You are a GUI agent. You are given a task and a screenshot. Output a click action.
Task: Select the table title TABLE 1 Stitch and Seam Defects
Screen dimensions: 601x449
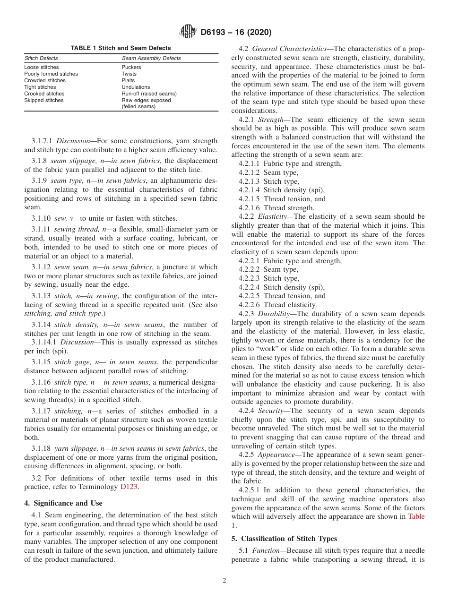click(121, 48)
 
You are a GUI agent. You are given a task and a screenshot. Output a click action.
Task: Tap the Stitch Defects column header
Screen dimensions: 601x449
click(41, 58)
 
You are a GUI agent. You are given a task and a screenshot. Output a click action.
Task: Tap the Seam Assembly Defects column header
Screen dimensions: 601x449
click(151, 58)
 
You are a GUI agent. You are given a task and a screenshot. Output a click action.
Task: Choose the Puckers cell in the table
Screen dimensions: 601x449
click(131, 67)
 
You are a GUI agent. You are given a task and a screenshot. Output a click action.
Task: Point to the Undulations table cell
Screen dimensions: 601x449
click(136, 87)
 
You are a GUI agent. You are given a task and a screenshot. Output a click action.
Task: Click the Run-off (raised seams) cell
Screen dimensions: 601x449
click(149, 94)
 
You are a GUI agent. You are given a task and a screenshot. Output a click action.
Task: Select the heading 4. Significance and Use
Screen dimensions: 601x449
click(63, 503)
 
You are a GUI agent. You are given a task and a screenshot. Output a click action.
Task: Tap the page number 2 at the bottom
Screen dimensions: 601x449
click(224, 581)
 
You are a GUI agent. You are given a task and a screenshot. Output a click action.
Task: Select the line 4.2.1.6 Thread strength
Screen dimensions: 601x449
click(276, 208)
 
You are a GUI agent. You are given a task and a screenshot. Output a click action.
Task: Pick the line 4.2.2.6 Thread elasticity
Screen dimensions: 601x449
click(277, 305)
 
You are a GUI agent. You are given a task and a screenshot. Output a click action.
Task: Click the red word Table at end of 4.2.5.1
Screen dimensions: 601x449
click(416, 516)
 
